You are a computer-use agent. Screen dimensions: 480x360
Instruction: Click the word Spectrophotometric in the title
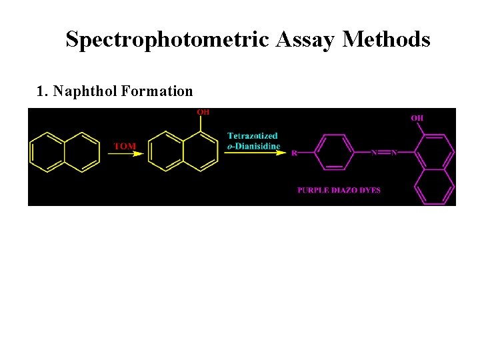(167, 40)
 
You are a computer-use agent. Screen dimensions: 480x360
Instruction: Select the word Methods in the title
(387, 40)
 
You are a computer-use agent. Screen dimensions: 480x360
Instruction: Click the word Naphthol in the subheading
(85, 91)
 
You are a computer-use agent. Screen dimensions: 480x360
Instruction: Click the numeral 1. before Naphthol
(42, 91)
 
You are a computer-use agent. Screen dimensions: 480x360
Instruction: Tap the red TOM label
(125, 145)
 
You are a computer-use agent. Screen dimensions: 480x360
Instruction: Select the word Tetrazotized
(253, 136)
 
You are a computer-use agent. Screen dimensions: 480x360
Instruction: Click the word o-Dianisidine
(254, 146)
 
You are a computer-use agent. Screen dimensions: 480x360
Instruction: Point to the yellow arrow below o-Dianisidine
(254, 153)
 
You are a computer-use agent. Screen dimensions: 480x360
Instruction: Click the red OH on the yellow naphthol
(203, 112)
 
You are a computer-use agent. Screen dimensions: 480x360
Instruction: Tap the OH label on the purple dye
(417, 118)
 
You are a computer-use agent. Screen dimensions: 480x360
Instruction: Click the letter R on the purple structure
(294, 153)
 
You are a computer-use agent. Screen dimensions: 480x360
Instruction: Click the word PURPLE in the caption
(315, 190)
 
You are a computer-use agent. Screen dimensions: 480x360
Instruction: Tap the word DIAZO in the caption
(347, 190)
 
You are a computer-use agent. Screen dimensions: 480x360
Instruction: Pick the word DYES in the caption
(371, 190)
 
